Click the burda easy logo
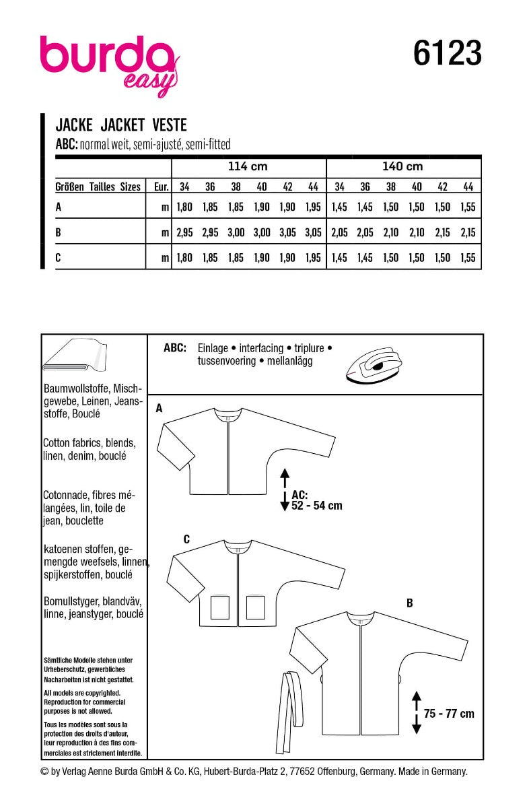(108, 65)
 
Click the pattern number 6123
(448, 53)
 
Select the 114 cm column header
(248, 166)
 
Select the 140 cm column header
(402, 166)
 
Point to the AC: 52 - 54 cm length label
(316, 499)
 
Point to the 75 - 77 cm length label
(449, 713)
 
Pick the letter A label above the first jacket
(159, 408)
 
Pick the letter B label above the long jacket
(409, 604)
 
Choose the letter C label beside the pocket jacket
(186, 539)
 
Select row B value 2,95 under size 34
(184, 232)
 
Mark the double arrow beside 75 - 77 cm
(416, 713)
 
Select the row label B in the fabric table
(58, 232)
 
